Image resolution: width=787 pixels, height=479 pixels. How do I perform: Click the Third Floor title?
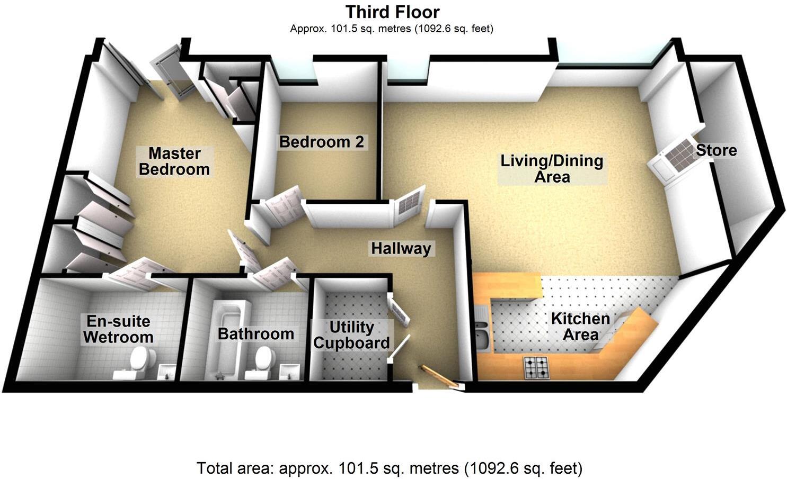coord(392,12)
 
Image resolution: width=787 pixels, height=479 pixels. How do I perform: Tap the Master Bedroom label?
coord(174,161)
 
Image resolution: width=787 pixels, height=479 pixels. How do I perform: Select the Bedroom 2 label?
coord(322,142)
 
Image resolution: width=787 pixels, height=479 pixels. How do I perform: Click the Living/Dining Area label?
coord(552,168)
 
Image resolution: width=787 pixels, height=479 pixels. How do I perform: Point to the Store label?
coord(716,150)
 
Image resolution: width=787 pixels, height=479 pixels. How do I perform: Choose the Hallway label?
coord(401,248)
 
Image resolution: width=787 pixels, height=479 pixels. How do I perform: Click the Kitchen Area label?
coord(580,327)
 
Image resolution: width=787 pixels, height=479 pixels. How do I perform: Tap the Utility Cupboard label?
coord(351,335)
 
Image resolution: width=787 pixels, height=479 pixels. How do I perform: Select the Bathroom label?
coord(255,334)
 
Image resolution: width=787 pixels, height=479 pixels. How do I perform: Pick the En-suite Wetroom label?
coord(119,329)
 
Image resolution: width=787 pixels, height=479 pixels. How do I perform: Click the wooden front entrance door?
coord(439,375)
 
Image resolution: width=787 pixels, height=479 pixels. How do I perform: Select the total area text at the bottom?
coord(390,468)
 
